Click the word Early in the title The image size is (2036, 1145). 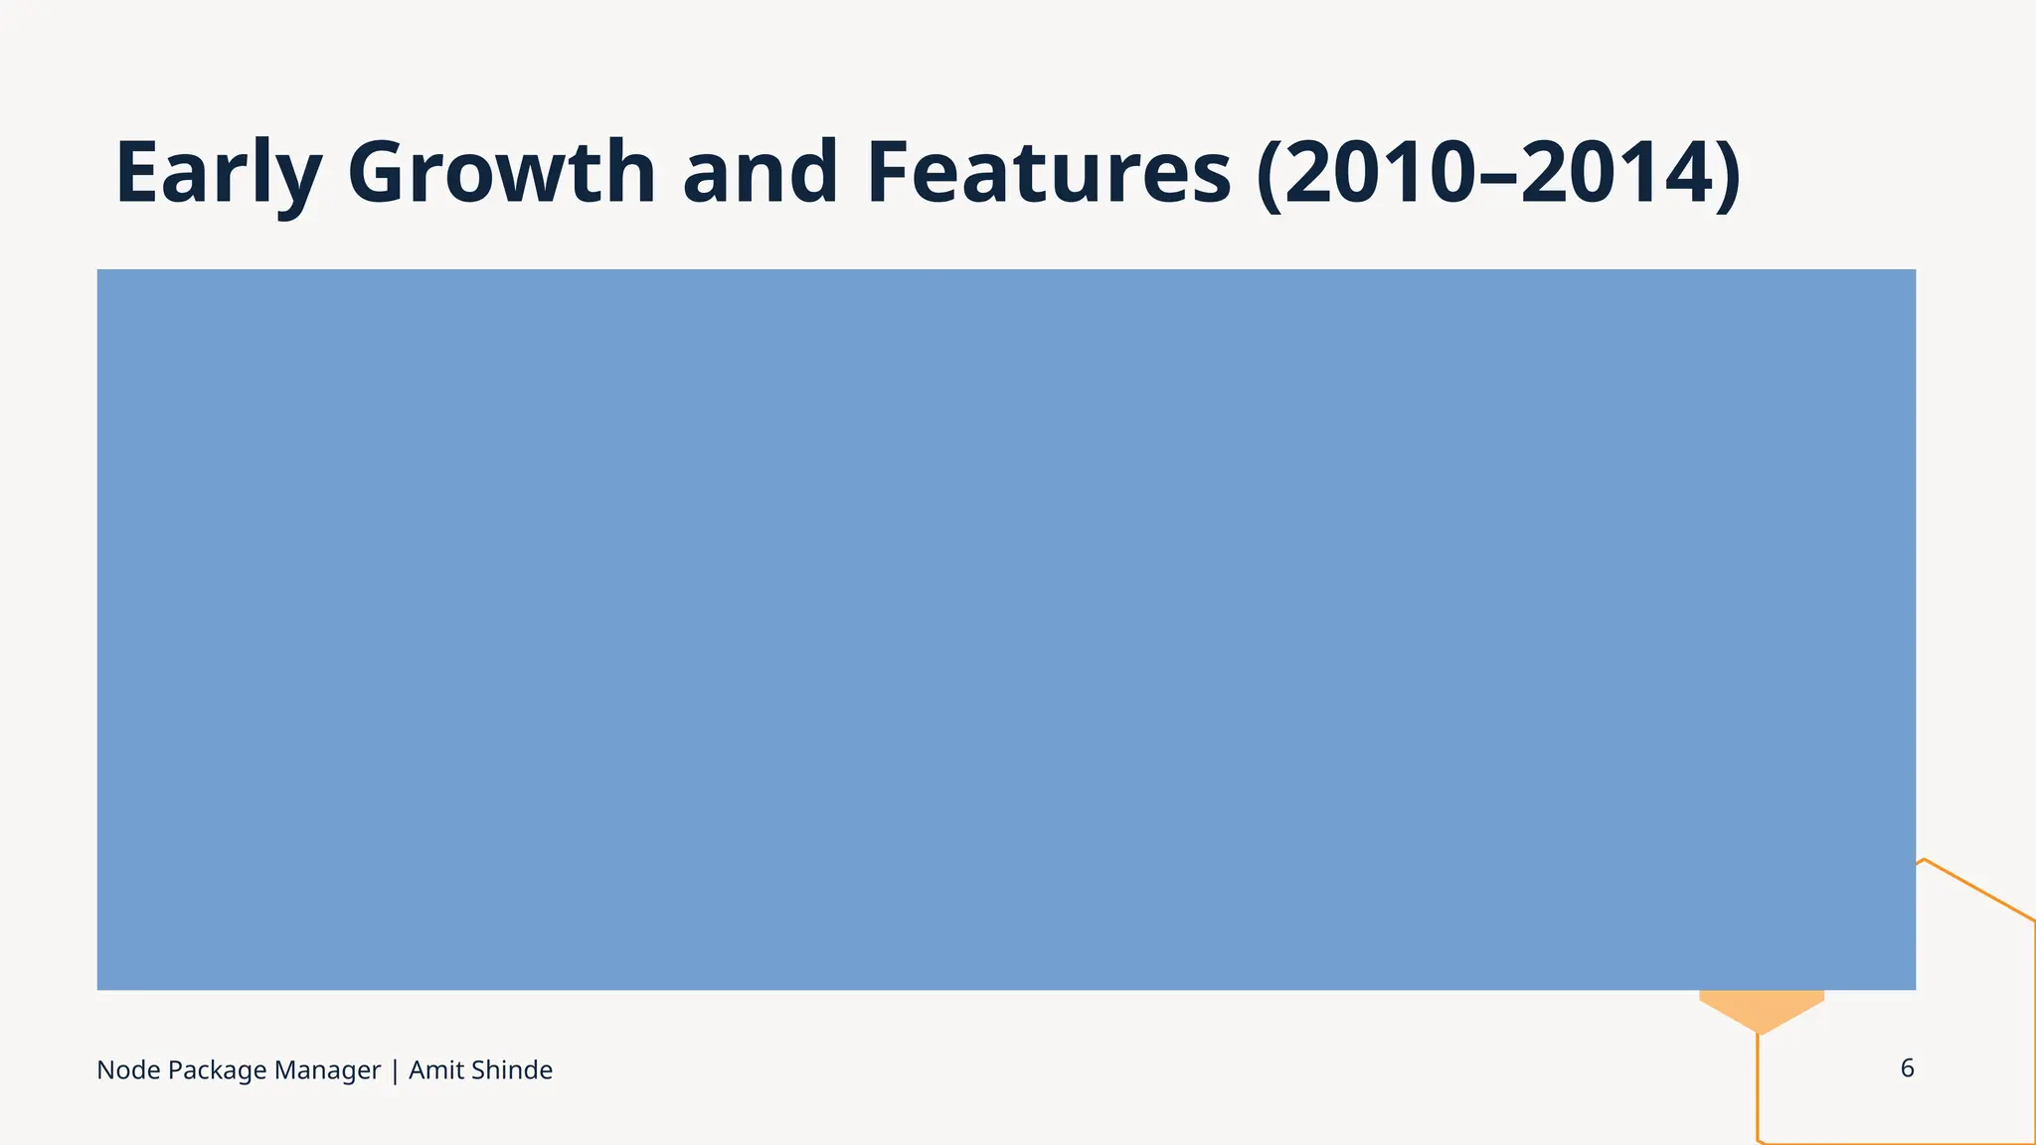pos(218,174)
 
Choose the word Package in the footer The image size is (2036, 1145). pos(217,1071)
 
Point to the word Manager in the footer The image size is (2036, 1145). pos(327,1070)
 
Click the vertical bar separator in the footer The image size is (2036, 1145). pos(395,1071)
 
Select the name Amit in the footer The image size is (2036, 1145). pos(436,1070)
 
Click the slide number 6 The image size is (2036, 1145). pos(1907,1068)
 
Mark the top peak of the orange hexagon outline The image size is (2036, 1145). pos(1925,860)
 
